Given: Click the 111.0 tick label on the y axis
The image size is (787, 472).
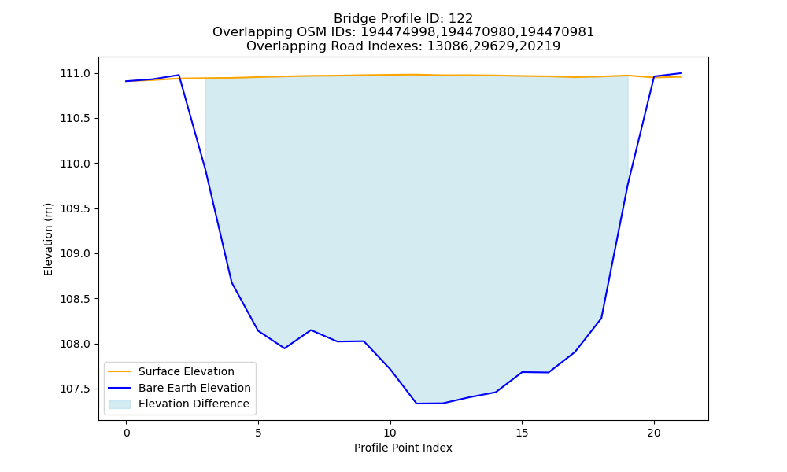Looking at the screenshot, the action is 76,74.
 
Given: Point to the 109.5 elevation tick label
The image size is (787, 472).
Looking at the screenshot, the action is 76,209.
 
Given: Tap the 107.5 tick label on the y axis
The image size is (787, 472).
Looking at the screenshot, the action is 76,389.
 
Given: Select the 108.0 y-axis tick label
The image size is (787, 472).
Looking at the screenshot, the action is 76,344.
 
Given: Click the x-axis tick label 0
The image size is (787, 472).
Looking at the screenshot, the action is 127,433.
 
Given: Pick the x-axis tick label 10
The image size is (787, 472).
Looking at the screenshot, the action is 390,433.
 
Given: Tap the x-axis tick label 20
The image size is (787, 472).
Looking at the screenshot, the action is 654,433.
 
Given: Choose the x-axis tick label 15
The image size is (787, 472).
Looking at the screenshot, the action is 522,433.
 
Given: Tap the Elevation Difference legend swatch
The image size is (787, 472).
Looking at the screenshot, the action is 120,404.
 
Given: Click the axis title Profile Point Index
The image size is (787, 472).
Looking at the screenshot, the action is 403,448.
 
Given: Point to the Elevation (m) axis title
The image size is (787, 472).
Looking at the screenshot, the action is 48,239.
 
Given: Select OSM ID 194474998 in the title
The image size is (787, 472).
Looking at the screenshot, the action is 399,32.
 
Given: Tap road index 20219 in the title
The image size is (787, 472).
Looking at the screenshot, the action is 540,46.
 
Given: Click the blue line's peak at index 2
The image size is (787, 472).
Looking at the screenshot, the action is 179,75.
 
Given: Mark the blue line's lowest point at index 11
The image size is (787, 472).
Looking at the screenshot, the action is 416,404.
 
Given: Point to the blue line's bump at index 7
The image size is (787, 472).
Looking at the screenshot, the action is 311,330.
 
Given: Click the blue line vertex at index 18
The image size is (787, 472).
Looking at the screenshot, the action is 600,318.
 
